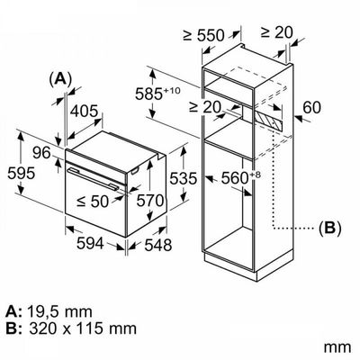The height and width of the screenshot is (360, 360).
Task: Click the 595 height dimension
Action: coord(22,174)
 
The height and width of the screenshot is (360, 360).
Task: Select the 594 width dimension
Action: coord(90,243)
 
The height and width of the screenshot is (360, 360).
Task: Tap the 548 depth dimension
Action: coord(158,245)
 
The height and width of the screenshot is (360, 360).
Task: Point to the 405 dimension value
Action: coord(85,112)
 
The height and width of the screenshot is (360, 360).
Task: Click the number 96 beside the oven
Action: coord(41,154)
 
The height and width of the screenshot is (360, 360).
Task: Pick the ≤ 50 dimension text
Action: coord(92,202)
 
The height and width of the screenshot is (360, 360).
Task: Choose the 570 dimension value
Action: coord(150,201)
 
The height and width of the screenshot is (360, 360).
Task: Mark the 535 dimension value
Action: coord(184,179)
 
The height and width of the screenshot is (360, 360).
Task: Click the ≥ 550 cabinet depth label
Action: coord(203,35)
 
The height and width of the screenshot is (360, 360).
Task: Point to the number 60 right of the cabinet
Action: coord(311,108)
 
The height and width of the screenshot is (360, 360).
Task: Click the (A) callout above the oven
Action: coord(61,79)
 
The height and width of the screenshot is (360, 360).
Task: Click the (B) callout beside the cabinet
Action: coord(329,229)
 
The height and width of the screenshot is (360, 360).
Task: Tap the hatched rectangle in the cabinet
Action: coord(268,120)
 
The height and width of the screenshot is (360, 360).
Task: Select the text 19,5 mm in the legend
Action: coord(59,312)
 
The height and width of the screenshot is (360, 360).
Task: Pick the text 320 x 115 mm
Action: coord(83,328)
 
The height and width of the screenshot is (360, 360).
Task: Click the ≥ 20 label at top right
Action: coord(276,32)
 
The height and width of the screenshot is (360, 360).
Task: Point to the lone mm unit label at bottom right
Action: coord(337,348)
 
